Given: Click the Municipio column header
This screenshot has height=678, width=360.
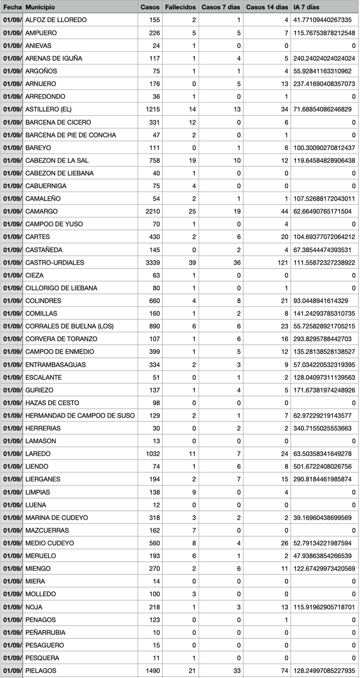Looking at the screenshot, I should (x=40, y=7).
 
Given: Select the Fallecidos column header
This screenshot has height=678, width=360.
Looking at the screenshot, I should (x=180, y=7).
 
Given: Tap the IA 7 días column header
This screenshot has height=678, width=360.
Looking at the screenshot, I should (x=306, y=7).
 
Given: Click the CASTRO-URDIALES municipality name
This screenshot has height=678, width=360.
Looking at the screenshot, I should (x=55, y=262).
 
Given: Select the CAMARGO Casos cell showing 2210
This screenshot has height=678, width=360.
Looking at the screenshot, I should (x=152, y=211).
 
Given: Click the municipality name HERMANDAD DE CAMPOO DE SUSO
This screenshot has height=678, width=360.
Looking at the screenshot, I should (x=80, y=415).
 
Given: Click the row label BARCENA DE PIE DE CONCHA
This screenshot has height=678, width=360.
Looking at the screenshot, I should (x=71, y=135).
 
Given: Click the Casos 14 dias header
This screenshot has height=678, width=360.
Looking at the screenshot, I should (x=267, y=7).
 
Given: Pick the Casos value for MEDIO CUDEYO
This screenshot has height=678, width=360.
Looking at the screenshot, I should (x=154, y=543).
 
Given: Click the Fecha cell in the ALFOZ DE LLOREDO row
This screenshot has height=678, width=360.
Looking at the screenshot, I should (x=12, y=20).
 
